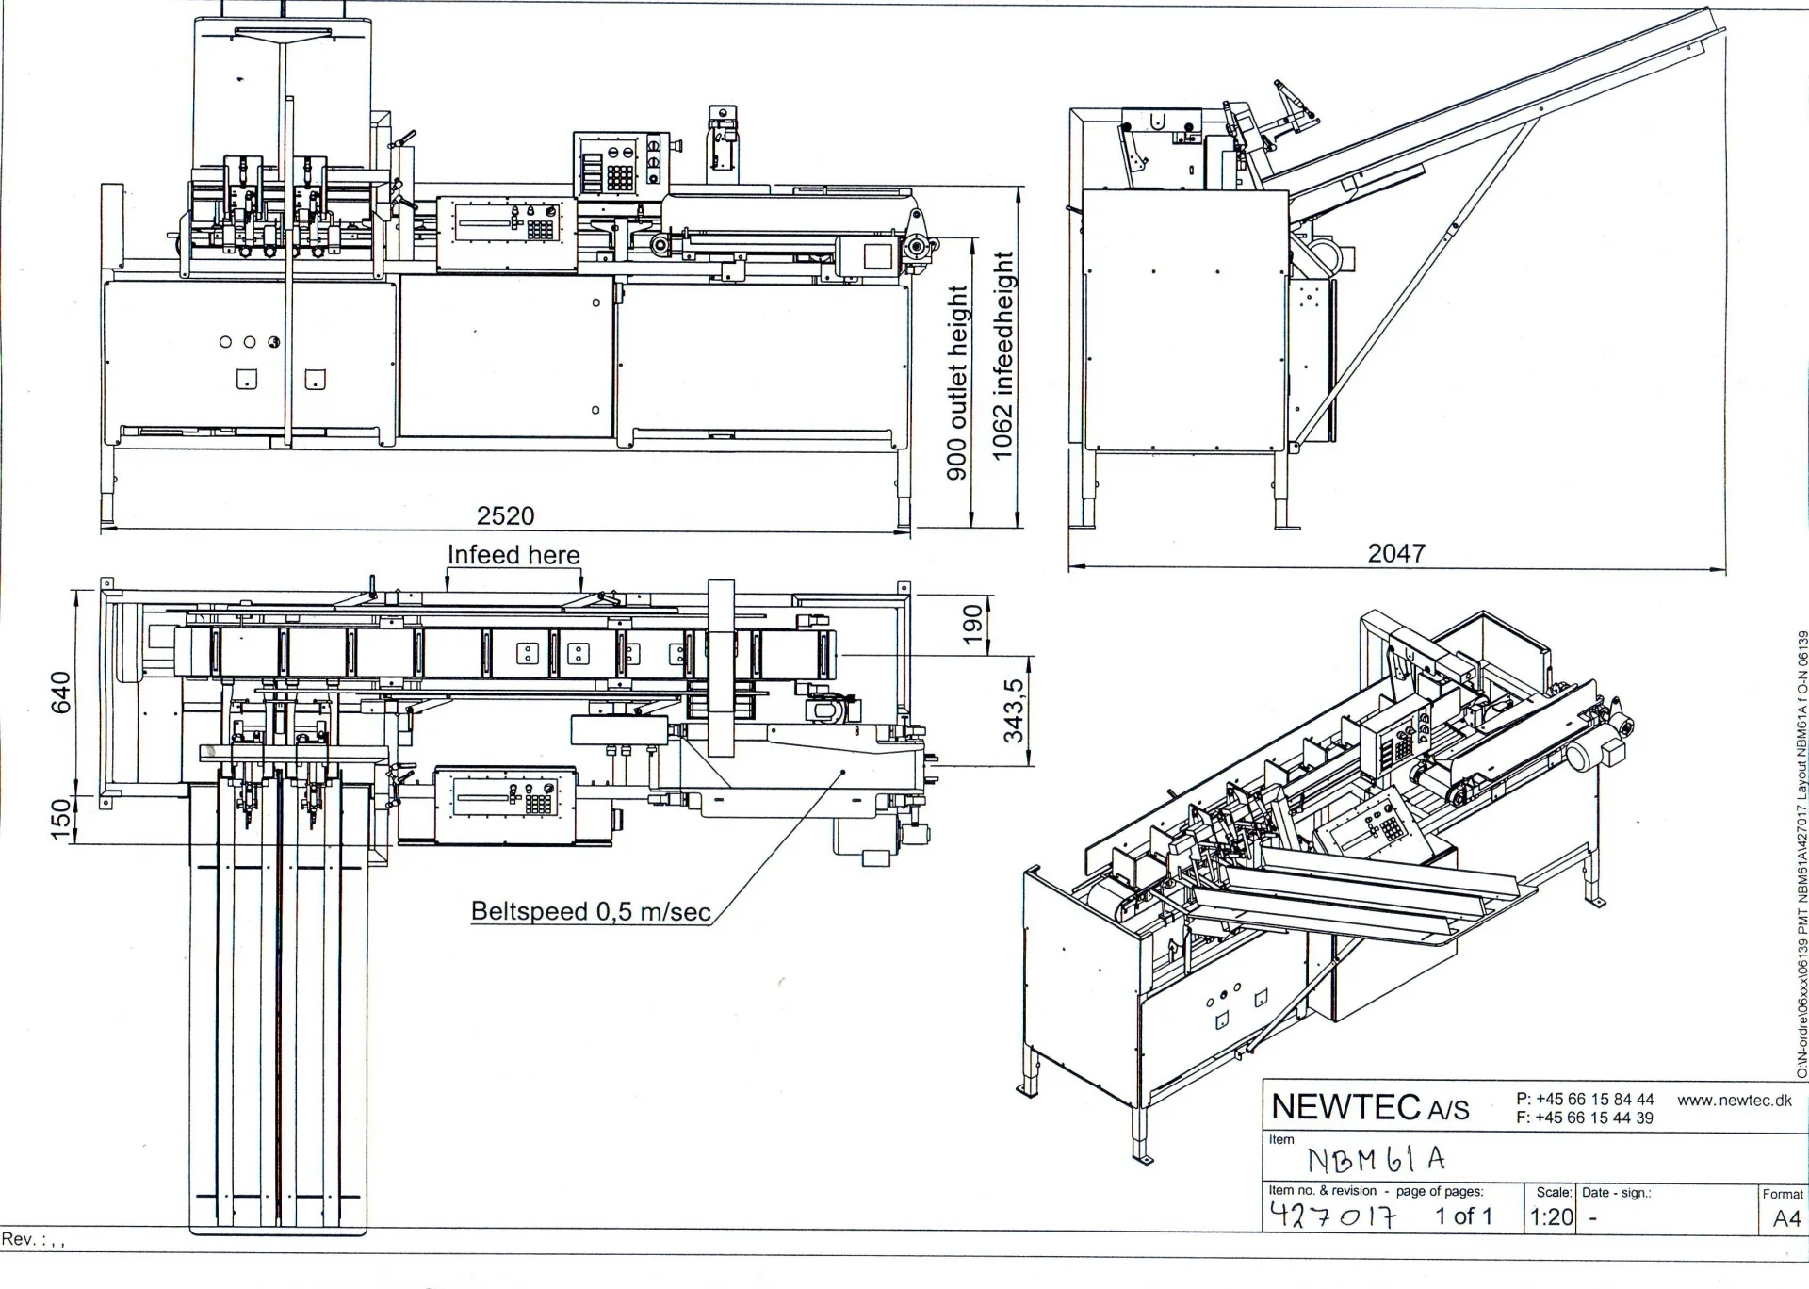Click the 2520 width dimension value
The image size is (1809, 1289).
pyautogui.click(x=505, y=515)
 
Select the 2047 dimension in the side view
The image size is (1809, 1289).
pyautogui.click(x=1395, y=553)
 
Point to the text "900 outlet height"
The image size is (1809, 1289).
pyautogui.click(x=957, y=382)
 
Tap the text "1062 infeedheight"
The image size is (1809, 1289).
pyautogui.click(x=1002, y=356)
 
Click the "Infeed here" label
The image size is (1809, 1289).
pyautogui.click(x=513, y=555)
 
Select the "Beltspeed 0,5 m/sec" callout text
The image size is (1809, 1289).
pyautogui.click(x=591, y=911)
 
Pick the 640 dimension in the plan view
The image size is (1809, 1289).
pyautogui.click(x=60, y=693)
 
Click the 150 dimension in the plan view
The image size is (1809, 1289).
pyautogui.click(x=60, y=818)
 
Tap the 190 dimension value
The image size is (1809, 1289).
pyautogui.click(x=972, y=624)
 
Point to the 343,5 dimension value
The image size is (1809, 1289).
pyautogui.click(x=1013, y=710)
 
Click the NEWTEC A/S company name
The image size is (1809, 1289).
pyautogui.click(x=1369, y=1107)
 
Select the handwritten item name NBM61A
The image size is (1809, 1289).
pyautogui.click(x=1376, y=1159)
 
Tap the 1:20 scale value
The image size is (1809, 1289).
pyautogui.click(x=1551, y=1216)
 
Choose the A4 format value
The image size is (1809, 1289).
pyautogui.click(x=1786, y=1218)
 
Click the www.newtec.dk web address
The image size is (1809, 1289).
pyautogui.click(x=1734, y=1100)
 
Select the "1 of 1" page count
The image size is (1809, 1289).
pyautogui.click(x=1463, y=1216)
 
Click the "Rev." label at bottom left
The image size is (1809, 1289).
pyautogui.click(x=19, y=1239)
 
